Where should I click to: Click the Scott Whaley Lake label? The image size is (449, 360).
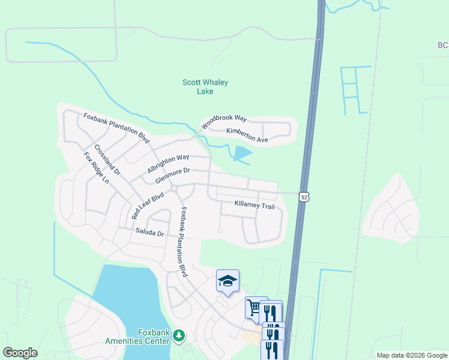(205, 87)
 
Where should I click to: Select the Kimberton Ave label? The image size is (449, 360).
(247, 135)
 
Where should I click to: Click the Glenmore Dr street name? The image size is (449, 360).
(176, 176)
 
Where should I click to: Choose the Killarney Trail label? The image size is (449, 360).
(255, 206)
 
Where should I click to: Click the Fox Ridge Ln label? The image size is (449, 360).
(97, 167)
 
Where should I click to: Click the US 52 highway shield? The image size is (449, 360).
(305, 197)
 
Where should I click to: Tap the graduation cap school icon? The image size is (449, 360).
(228, 281)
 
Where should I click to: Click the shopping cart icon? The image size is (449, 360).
(255, 308)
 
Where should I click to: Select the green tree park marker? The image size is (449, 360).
(178, 335)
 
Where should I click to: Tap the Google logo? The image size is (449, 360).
(20, 352)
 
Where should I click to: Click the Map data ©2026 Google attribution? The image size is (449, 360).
(411, 355)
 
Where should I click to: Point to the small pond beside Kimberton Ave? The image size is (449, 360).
(242, 154)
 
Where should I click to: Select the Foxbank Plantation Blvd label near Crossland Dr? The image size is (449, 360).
(116, 127)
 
